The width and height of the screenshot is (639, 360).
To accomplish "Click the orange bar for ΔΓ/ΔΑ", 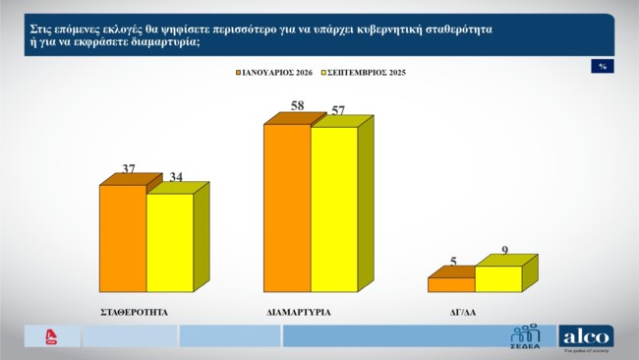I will [x=451, y=284].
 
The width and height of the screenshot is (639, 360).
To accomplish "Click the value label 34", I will [x=178, y=177].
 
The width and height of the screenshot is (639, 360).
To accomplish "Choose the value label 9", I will [x=505, y=250].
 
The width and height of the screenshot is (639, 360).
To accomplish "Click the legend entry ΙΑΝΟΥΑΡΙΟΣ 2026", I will [x=276, y=72].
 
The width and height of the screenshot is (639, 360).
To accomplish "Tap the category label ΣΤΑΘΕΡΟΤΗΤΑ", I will [x=136, y=311].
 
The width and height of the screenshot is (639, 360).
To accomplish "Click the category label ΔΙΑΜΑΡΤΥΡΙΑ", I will [x=298, y=311].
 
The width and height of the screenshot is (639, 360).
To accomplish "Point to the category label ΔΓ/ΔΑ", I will [x=462, y=311].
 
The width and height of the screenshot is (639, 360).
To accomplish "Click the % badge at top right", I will [x=602, y=66].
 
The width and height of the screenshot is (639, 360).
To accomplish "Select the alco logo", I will [x=586, y=336].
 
